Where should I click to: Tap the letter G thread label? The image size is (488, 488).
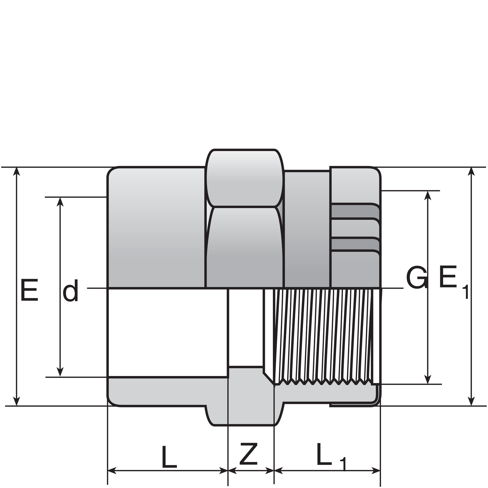point(417,277)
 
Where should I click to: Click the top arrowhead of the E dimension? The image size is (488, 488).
point(17,171)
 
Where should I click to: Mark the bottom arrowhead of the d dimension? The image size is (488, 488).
point(60,372)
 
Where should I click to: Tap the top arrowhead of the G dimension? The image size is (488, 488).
point(428,195)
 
